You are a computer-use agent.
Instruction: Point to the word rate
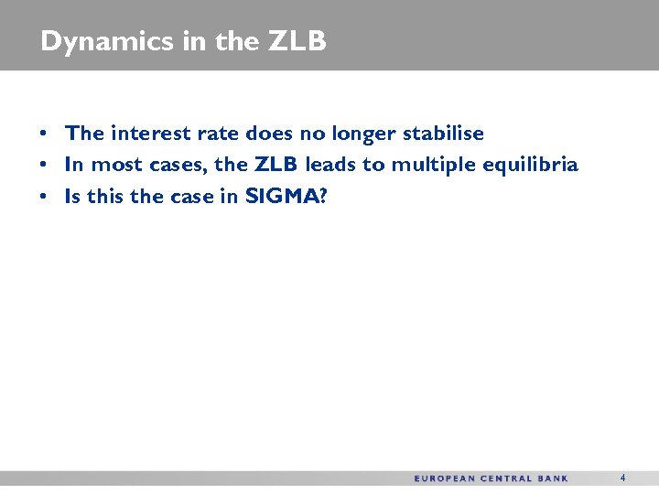click(x=217, y=134)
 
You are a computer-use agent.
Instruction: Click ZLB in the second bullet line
click(x=276, y=165)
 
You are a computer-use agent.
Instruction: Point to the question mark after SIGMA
click(x=321, y=196)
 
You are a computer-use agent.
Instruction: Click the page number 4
click(x=623, y=478)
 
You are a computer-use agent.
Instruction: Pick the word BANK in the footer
click(x=556, y=478)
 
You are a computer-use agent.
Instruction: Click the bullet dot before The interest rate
click(x=44, y=134)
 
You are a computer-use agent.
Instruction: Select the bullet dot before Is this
click(x=44, y=197)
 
